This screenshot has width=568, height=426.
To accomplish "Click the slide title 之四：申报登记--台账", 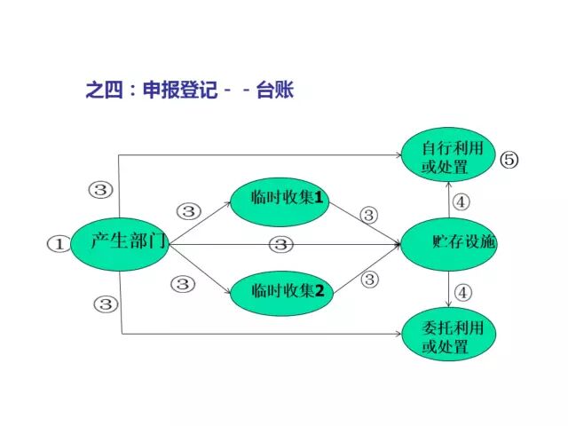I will tap(189, 91).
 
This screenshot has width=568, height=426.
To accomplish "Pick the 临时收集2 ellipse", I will tap(280, 291).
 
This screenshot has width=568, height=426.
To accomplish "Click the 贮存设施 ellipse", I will tap(448, 241).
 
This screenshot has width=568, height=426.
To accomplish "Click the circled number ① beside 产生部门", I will tap(57, 243).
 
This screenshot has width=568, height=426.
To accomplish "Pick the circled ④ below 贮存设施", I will tap(462, 290).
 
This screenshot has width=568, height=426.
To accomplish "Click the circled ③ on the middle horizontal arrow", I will tap(280, 244).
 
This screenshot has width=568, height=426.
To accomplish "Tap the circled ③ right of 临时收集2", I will tap(369, 280).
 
